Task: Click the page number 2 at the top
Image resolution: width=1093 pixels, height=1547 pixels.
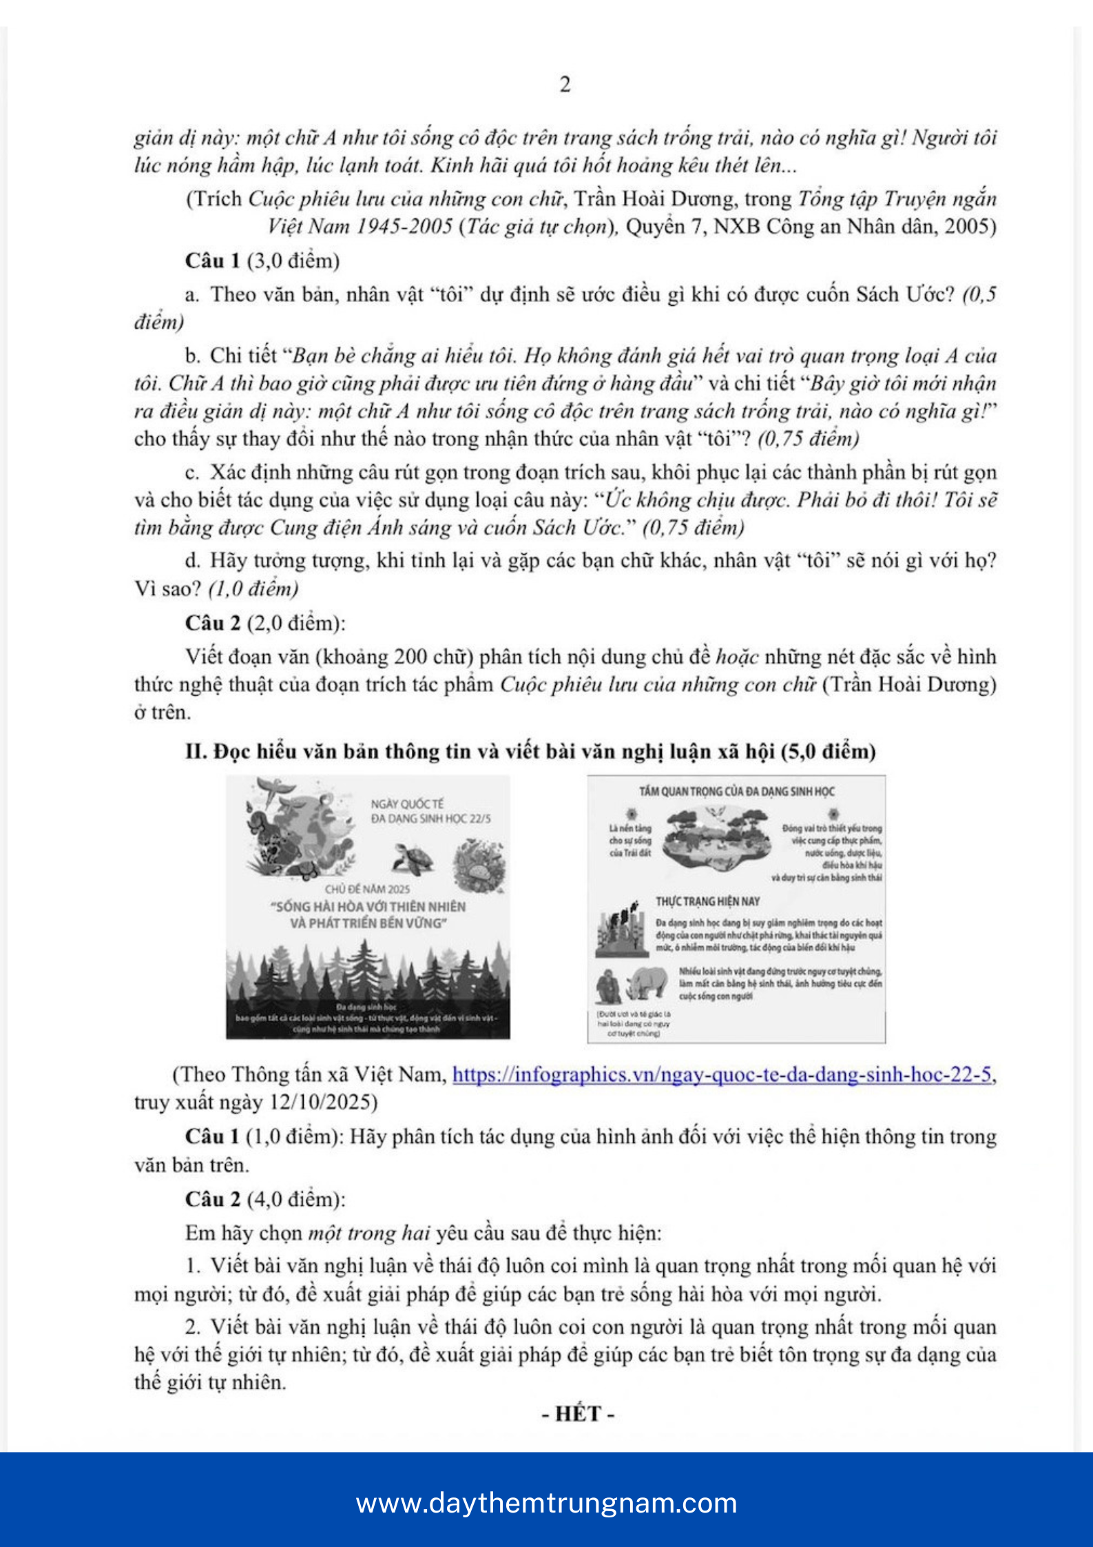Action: pos(565,85)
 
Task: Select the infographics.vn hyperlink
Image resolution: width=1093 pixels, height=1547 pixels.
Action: pos(722,1074)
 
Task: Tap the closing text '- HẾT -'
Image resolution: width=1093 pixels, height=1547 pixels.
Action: pos(577,1414)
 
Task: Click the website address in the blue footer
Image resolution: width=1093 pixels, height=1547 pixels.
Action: pos(546,1502)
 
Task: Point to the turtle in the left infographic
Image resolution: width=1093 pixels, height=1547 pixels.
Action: pos(414,860)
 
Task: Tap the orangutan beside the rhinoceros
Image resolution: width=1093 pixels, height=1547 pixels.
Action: pos(609,987)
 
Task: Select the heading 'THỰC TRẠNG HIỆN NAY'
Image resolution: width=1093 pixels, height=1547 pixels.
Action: pos(707,901)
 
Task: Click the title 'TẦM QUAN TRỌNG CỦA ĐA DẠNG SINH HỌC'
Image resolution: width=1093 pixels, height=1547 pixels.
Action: pos(736,791)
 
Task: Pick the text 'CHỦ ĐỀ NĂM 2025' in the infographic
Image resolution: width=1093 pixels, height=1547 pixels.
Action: pos(367,889)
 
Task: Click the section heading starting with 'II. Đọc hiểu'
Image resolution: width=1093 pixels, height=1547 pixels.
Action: pos(530,751)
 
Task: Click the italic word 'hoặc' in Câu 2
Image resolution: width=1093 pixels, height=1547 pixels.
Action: pos(737,657)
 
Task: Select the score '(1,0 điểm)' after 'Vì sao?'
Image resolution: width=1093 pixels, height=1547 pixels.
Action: pos(253,588)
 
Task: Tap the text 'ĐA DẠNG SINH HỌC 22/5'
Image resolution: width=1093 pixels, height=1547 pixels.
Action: pos(430,819)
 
